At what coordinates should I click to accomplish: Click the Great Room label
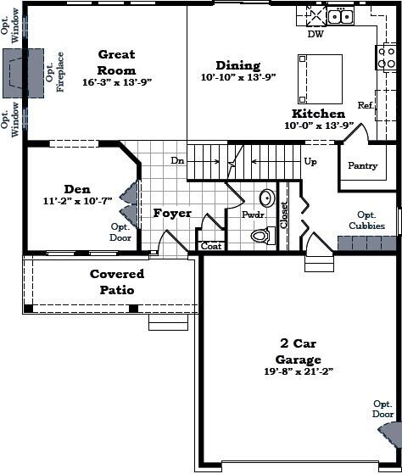pyautogui.click(x=116, y=62)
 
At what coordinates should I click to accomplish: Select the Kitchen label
pyautogui.click(x=318, y=113)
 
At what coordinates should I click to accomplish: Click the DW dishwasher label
pyautogui.click(x=315, y=35)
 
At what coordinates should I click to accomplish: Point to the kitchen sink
pyautogui.click(x=340, y=16)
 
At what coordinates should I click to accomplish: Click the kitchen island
pyautogui.click(x=320, y=79)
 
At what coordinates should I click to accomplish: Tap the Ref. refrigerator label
pyautogui.click(x=366, y=105)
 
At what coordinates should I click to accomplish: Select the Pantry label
pyautogui.click(x=363, y=166)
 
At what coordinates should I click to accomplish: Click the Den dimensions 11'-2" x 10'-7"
pyautogui.click(x=77, y=202)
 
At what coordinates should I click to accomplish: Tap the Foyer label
pyautogui.click(x=172, y=214)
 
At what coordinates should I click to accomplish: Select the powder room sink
pyautogui.click(x=265, y=199)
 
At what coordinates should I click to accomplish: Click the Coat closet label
pyautogui.click(x=211, y=247)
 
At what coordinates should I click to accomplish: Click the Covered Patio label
pyautogui.click(x=117, y=282)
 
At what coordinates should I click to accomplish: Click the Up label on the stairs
pyautogui.click(x=310, y=161)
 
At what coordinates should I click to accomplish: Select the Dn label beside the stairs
pyautogui.click(x=178, y=160)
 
